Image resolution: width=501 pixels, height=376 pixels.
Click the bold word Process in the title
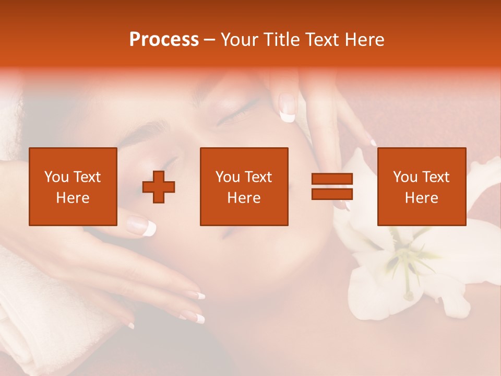point(164,40)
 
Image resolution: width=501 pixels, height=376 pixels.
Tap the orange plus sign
point(159,187)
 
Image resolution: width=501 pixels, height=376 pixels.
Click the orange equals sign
point(332,186)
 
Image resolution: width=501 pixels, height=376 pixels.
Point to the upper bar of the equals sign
point(332,179)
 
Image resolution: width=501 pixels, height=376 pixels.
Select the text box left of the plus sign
point(73,186)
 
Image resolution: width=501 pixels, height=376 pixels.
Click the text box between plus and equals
point(244,186)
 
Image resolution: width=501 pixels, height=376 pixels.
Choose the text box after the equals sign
point(421,186)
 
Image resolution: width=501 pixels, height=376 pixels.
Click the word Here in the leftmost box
point(73,198)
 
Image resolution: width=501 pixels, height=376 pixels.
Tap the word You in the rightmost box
point(405,177)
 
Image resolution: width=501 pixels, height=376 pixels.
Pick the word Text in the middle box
point(258,177)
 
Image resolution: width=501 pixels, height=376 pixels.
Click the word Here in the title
point(365,40)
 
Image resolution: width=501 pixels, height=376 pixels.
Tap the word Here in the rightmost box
point(421,198)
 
